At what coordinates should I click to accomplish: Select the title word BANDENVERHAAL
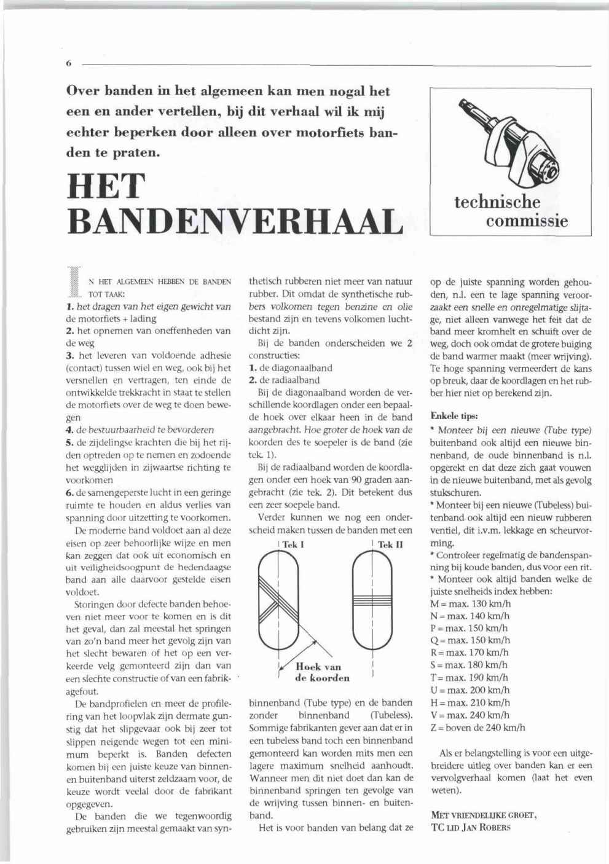[234, 221]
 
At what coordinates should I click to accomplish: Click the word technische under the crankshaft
[497, 202]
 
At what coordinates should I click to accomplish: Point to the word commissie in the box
[527, 220]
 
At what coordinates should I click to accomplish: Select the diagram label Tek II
[390, 544]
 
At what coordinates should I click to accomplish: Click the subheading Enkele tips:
[454, 416]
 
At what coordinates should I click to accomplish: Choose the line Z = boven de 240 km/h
[478, 728]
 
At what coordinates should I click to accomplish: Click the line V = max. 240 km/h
[470, 715]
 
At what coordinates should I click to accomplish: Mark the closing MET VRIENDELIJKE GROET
[484, 815]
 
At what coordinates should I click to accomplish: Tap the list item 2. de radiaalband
[285, 380]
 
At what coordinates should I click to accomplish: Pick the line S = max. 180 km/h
[470, 666]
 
